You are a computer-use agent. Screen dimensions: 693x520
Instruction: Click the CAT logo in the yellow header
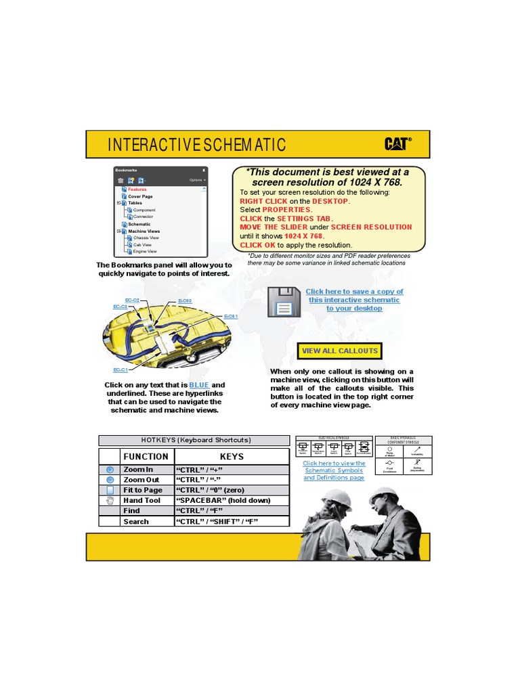pyautogui.click(x=398, y=143)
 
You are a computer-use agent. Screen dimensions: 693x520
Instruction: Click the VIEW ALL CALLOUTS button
pyautogui.click(x=339, y=351)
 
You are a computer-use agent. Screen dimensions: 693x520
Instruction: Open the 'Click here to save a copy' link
pyautogui.click(x=354, y=300)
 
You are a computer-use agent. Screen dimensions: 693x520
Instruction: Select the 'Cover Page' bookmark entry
pyautogui.click(x=140, y=196)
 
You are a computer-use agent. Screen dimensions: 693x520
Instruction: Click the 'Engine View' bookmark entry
pyautogui.click(x=145, y=251)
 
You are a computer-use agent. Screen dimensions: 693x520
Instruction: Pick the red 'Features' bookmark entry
pyautogui.click(x=137, y=189)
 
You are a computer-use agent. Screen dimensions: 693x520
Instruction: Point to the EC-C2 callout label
pyautogui.click(x=132, y=300)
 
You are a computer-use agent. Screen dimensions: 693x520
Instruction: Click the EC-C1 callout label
pyautogui.click(x=120, y=370)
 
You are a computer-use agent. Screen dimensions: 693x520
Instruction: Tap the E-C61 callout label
pyautogui.click(x=231, y=316)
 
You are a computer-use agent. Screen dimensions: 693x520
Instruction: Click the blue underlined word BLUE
pyautogui.click(x=199, y=385)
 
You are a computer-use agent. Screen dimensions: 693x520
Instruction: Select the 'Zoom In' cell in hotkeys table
pyautogui.click(x=138, y=469)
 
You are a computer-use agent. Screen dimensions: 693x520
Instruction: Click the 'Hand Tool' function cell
pyautogui.click(x=142, y=500)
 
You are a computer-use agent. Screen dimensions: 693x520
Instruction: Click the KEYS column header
pyautogui.click(x=232, y=456)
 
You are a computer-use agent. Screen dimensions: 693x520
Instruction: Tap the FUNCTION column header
pyautogui.click(x=146, y=456)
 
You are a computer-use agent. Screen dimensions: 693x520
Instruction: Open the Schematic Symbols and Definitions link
pyautogui.click(x=334, y=470)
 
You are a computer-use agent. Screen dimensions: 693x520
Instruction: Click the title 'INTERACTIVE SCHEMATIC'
pyautogui.click(x=196, y=145)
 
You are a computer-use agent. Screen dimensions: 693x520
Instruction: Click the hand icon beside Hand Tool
pyautogui.click(x=110, y=500)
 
